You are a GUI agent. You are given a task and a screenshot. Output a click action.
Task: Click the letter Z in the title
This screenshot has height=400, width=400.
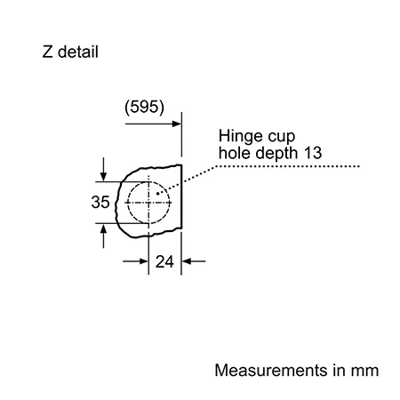48,52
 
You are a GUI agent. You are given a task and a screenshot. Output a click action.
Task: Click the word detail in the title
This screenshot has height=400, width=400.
78,52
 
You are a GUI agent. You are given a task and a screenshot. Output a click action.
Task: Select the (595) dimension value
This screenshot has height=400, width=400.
144,107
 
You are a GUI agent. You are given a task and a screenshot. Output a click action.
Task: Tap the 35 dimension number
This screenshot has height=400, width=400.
100,202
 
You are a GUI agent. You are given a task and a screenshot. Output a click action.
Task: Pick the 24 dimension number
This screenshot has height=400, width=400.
164,261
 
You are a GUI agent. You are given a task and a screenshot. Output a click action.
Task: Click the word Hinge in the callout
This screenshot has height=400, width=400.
240,137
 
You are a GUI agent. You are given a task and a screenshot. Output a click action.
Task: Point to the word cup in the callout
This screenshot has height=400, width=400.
282,138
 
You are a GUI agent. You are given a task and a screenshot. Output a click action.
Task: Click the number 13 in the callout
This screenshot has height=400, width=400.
313,153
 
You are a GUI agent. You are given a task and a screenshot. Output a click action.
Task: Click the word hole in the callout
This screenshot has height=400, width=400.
235,153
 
